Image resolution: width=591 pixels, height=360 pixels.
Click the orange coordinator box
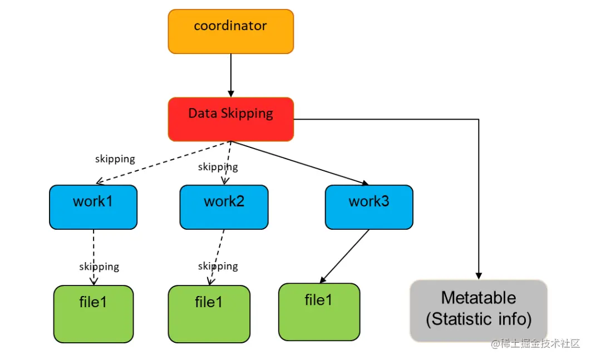tap(230, 32)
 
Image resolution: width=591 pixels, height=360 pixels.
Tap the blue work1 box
tap(93, 207)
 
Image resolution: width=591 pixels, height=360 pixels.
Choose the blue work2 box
tap(224, 207)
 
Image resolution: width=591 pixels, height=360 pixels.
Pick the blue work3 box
tap(369, 207)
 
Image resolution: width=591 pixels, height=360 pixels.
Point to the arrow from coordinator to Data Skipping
tap(230, 75)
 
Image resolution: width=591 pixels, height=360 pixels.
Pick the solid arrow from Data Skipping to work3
tap(301, 162)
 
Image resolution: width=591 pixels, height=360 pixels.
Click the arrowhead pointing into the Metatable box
tap(479, 275)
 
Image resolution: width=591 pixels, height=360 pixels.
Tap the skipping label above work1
tap(115, 159)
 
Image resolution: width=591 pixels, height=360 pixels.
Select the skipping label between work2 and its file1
tap(218, 266)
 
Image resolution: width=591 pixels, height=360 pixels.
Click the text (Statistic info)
tap(479, 319)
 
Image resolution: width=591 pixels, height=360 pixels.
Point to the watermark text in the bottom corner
tap(535, 344)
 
